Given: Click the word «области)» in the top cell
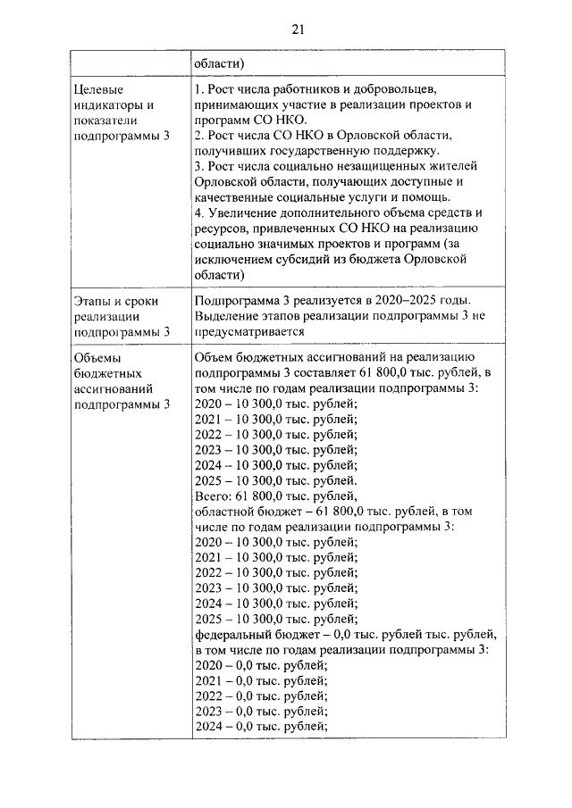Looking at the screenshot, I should [220, 63].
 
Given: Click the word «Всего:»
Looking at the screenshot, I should [213, 496].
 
